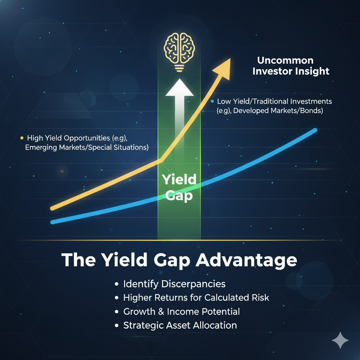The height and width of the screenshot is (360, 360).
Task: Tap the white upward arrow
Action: pyautogui.click(x=180, y=115)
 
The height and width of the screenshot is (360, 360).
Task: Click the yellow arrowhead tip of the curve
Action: pyautogui.click(x=230, y=58)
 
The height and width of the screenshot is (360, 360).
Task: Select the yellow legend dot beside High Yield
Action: pyautogui.click(x=22, y=138)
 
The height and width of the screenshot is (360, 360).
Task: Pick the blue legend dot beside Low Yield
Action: pyautogui.click(x=212, y=101)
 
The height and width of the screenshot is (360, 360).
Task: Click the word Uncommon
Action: pyautogui.click(x=285, y=60)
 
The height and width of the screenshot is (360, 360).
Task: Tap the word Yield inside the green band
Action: pyautogui.click(x=179, y=179)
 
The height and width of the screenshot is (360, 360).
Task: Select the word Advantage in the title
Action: pyautogui.click(x=246, y=261)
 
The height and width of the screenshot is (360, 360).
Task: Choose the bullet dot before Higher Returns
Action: pyautogui.click(x=117, y=298)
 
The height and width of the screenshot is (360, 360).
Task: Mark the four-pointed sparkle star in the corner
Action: pyautogui.click(x=340, y=340)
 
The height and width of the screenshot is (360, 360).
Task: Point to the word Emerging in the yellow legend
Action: pyautogui.click(x=41, y=148)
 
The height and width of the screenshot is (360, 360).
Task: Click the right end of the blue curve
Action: pyautogui.click(x=315, y=130)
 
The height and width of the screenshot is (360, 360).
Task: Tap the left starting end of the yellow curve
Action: pyautogui.click(x=52, y=208)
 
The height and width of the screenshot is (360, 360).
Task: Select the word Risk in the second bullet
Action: pyautogui.click(x=261, y=298)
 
